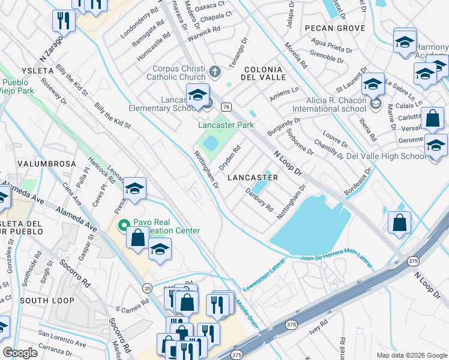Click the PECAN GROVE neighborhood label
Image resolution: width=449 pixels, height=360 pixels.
334,28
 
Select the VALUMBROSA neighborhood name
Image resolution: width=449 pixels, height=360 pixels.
47,163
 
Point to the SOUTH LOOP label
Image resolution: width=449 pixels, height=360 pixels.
41,299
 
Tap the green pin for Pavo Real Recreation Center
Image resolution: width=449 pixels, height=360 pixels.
124,226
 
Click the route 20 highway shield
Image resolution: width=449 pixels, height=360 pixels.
147,287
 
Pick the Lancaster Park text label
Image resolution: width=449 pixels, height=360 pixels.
226,125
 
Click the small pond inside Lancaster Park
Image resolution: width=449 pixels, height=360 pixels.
210,143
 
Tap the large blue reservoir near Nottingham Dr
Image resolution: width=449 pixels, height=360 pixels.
309,225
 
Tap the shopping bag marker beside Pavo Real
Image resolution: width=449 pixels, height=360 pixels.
137,237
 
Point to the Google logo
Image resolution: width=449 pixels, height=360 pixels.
20,352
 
